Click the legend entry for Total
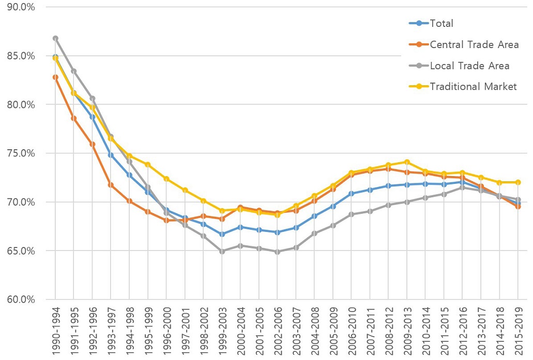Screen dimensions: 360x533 (441, 23)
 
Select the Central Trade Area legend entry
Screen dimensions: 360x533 (474, 44)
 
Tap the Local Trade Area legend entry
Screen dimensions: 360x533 (469, 66)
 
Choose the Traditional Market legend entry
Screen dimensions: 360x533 (473, 86)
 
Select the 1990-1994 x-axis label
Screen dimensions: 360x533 (55, 331)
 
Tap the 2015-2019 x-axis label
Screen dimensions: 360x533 (517, 331)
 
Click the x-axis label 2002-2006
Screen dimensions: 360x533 (277, 331)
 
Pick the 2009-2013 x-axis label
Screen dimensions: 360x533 (406, 331)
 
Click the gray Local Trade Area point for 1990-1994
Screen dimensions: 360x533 (55, 38)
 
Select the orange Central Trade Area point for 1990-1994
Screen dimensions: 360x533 (55, 77)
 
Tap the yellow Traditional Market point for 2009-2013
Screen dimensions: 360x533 (406, 162)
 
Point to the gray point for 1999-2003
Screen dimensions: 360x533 (222, 252)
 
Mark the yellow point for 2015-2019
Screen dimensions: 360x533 (517, 182)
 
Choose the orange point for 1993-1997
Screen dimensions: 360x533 (111, 184)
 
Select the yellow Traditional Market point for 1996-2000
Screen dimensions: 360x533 (166, 179)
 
